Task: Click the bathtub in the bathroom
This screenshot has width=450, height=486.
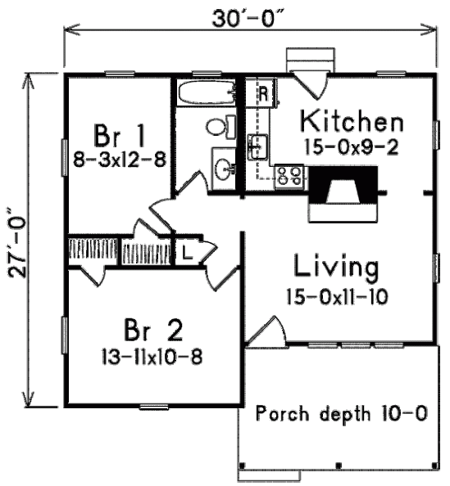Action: [207, 92]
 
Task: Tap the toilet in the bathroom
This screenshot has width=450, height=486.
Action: [220, 126]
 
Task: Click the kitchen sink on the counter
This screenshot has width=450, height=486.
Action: [257, 147]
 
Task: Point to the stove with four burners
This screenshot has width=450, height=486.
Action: [289, 177]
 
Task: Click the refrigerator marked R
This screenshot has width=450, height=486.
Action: [261, 93]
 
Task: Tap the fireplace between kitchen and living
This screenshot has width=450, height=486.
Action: [343, 194]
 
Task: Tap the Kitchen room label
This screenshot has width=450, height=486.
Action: [352, 121]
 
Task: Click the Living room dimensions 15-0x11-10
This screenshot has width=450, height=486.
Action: [337, 297]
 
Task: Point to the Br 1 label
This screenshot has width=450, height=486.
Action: [120, 136]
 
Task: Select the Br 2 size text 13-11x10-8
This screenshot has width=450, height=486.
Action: [152, 357]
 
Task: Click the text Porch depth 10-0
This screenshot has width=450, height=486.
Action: [342, 413]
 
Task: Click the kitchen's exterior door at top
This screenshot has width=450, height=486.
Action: [311, 85]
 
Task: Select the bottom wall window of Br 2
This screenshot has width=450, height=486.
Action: [154, 407]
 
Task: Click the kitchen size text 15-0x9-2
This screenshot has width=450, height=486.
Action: [352, 147]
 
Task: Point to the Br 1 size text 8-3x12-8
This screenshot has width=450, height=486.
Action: [120, 160]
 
